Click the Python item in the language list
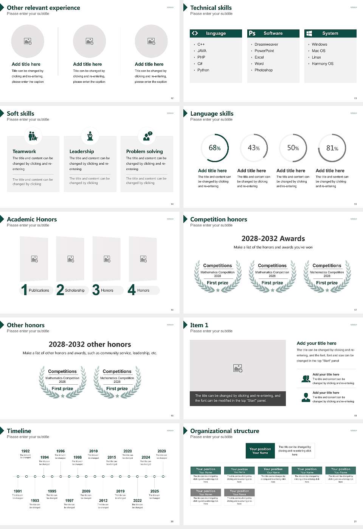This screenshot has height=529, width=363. pos(203,70)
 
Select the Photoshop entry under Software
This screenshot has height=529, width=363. pos(264,70)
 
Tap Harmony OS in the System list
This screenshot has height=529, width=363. pos(323,64)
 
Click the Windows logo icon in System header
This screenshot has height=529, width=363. pos(309,33)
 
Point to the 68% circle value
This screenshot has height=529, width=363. pos(215,148)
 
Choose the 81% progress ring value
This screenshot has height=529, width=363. pos(332,148)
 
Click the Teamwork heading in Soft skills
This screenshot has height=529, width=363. pos(24,152)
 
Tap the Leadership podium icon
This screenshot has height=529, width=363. pos(90,136)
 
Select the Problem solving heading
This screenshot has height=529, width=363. pos(144,152)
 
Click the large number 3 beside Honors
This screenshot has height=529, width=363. pos(96,290)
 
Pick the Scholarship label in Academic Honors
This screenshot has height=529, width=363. pos(74,291)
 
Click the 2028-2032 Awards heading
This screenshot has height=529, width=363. pos(273,239)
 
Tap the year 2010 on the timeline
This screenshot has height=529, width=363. pos(93,451)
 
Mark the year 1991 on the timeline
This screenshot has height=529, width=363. pos(18,492)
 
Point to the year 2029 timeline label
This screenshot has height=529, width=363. pos(162,451)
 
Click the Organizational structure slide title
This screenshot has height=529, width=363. pos(225,431)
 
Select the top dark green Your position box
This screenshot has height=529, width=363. pos(260,451)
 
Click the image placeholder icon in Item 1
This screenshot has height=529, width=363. pos(238,368)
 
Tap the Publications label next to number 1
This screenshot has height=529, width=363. pos(39,291)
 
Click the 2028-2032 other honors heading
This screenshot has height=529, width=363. pos(90,345)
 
